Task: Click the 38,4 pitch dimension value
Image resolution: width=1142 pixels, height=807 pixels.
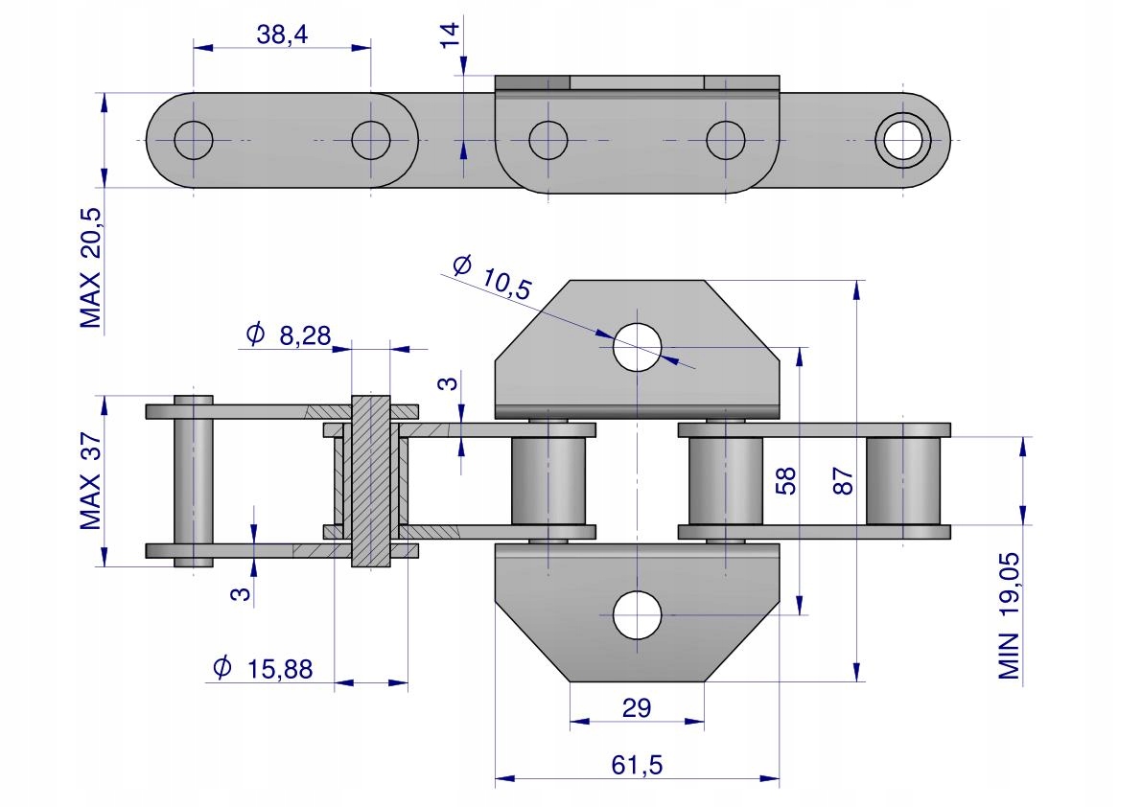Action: coord(282,35)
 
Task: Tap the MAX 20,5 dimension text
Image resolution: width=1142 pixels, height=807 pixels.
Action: coord(91,268)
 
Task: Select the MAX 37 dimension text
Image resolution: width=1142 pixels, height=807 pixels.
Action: coord(91,481)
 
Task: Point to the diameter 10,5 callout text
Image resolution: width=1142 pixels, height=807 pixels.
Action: coord(493,277)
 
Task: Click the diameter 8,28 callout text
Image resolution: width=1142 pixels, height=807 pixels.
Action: coord(290,334)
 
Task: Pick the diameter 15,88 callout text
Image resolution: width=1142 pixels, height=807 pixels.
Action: coord(263,668)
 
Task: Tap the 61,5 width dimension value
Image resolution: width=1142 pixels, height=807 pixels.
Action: coord(637,765)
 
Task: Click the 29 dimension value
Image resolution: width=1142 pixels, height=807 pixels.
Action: coord(637,707)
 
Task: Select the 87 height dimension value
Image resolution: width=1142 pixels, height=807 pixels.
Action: coord(842,481)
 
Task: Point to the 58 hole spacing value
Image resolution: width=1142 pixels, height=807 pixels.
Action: coord(785,481)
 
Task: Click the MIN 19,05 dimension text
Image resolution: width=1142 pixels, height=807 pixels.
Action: coord(1009,615)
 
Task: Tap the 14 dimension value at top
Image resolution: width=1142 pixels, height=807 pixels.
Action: coord(450,35)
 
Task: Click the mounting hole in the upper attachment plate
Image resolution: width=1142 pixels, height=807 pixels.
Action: coord(638,347)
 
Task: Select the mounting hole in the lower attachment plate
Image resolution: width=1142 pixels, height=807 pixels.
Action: coord(638,615)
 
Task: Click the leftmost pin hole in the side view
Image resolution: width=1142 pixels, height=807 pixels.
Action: coord(194,140)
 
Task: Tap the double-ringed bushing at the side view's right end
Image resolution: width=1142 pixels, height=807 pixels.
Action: coord(903,140)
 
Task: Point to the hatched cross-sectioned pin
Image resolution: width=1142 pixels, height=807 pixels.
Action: coord(371,481)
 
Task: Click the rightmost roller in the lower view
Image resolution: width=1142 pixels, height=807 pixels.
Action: coord(903,481)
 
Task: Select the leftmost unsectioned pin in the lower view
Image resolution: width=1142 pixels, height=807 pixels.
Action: coord(194,481)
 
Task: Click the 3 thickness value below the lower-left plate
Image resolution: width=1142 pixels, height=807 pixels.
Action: coord(240,594)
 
